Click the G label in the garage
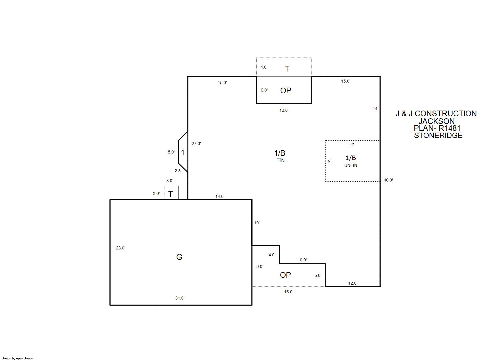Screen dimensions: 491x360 click(x=179, y=257)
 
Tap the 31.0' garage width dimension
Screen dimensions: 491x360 click(x=180, y=298)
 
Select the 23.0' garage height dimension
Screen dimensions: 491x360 click(x=120, y=248)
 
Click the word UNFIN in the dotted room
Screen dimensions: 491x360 click(x=351, y=165)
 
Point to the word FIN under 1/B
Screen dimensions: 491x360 click(x=280, y=160)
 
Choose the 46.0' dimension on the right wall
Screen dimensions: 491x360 click(x=388, y=180)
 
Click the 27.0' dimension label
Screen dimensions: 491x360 click(x=196, y=144)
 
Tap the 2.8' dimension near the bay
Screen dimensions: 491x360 click(x=178, y=171)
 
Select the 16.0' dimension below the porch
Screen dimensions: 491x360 click(x=289, y=292)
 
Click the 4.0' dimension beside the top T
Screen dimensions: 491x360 click(x=264, y=67)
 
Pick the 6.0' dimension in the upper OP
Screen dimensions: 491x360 click(x=264, y=90)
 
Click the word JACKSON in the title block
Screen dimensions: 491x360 click(x=437, y=121)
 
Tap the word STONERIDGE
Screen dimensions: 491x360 click(x=438, y=135)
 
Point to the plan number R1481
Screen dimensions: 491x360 click(x=450, y=128)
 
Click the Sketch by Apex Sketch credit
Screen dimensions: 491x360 click(x=18, y=358)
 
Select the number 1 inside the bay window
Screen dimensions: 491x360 click(x=182, y=153)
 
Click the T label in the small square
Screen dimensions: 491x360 click(x=170, y=194)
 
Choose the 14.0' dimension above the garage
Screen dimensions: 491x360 click(x=220, y=196)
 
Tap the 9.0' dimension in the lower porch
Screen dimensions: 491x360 click(x=260, y=266)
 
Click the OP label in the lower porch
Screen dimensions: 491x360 click(x=285, y=275)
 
